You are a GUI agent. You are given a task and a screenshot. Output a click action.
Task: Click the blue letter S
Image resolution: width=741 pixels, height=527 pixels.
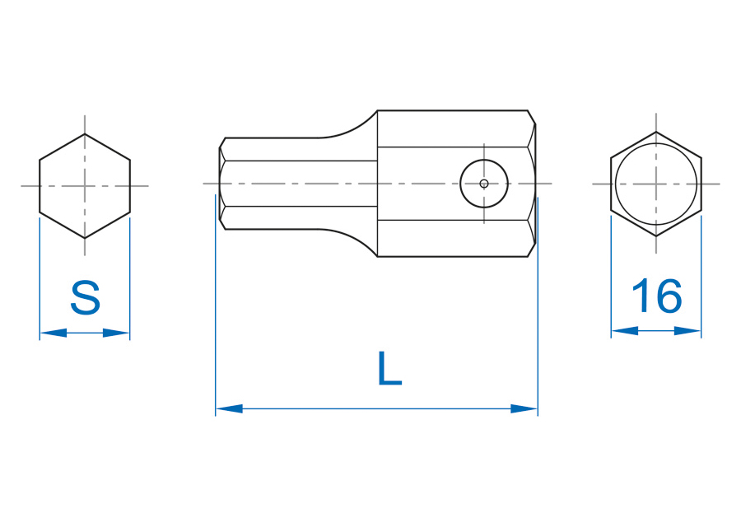[85, 297]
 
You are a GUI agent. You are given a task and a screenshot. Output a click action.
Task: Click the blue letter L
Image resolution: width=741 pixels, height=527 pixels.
[390, 368]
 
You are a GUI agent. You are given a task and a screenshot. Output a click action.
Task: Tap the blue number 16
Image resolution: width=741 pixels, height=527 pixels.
[657, 296]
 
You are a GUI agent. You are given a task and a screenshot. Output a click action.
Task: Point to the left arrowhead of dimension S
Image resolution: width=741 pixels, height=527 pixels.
[54, 333]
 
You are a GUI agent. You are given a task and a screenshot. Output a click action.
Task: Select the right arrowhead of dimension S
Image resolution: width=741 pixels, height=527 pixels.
[116, 333]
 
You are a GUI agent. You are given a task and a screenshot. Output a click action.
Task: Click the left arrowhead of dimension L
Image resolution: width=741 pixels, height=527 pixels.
[230, 409]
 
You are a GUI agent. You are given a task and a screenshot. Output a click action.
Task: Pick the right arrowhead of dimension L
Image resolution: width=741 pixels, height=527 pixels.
[524, 409]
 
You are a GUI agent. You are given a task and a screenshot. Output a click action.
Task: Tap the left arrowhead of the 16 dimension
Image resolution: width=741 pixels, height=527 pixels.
[625, 331]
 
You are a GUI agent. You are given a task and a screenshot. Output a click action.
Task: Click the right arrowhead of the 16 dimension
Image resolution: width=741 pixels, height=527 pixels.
[687, 331]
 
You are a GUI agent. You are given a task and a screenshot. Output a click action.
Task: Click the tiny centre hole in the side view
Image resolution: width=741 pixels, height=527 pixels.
[484, 184]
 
